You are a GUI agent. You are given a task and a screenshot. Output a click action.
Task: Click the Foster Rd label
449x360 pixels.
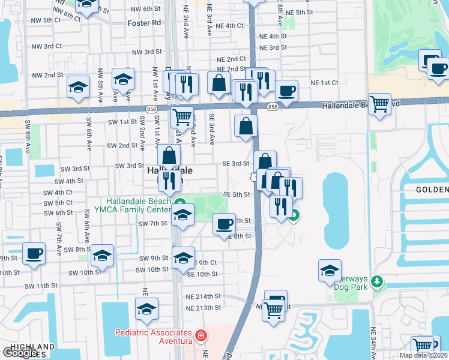[145, 23]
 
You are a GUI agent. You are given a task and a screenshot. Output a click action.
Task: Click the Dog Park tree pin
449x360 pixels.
[377, 281]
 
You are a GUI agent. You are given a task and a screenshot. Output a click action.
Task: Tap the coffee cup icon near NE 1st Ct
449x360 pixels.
[286, 91]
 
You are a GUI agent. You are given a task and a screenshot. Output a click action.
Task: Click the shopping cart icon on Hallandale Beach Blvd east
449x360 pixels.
[380, 104]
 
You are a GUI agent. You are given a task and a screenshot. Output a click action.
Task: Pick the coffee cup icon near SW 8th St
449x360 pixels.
[34, 253]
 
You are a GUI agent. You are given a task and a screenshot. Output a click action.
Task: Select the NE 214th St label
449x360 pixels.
[203, 297]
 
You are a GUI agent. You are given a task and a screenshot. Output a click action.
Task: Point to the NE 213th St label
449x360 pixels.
[203, 308]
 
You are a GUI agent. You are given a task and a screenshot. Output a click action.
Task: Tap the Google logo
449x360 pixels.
[19, 353]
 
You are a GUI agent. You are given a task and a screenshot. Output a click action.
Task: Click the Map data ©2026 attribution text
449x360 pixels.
[423, 355]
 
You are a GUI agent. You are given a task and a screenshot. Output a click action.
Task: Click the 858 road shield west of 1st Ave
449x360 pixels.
[152, 109]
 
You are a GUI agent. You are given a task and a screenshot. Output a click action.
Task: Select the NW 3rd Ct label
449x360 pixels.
[47, 46]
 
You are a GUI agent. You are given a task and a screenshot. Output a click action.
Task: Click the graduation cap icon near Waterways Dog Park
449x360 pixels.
[330, 271]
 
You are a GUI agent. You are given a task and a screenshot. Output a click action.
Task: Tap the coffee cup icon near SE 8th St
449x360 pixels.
[224, 224]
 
